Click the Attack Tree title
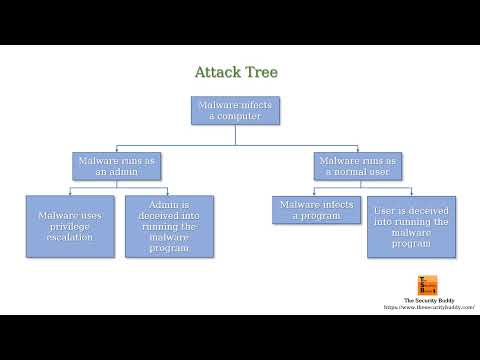click(235, 73)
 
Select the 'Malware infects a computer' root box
click(235, 110)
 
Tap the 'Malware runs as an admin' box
click(118, 165)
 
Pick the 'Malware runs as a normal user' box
click(357, 165)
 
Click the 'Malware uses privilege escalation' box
click(70, 226)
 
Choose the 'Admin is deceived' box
click(169, 226)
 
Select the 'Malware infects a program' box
click(316, 210)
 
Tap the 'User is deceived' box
click(411, 226)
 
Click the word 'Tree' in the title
click(261, 73)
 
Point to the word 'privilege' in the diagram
click(70, 226)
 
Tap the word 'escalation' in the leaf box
click(70, 237)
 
